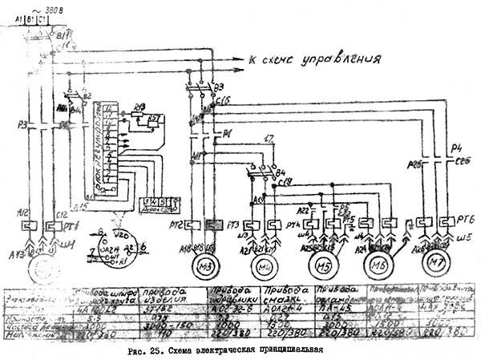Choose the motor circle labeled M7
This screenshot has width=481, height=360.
439,262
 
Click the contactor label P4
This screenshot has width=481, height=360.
457,148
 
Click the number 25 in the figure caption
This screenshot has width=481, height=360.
156,350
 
